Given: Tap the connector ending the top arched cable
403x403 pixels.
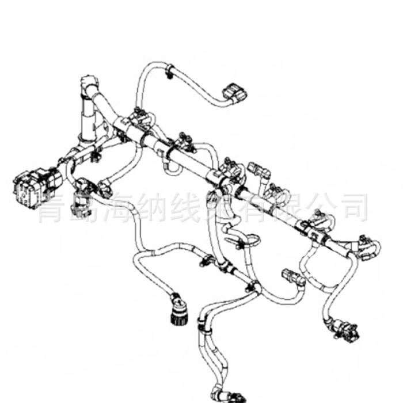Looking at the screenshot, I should [235, 93].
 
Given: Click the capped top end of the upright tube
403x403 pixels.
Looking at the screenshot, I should [88, 81].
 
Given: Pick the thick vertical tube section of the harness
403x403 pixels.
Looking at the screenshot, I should [88, 118].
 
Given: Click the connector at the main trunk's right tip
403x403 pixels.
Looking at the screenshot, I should [364, 242].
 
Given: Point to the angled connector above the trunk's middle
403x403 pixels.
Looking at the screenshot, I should [257, 171].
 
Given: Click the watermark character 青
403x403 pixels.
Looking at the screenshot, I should [53, 208].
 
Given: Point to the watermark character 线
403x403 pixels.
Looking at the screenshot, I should [190, 208].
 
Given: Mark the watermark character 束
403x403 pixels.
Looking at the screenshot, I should [225, 208].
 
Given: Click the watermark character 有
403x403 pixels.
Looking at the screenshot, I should [259, 208].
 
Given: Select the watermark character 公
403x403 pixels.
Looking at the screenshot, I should [327, 208].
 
